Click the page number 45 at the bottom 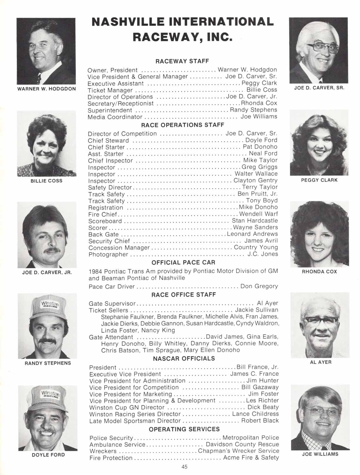click(184, 466)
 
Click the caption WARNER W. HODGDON click(47, 89)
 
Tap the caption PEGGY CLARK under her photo click(319, 180)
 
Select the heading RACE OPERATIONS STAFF click(183, 125)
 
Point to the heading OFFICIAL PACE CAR click(183, 262)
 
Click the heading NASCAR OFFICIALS click(184, 359)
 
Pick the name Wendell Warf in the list click(259, 214)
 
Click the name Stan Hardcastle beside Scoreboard click(255, 221)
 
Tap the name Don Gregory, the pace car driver click(259, 286)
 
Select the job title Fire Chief click(103, 214)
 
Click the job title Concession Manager click(119, 248)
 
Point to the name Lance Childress click(255, 414)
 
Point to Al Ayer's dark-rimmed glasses click(320, 320)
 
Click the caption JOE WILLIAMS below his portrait click(320, 454)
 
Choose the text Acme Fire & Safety click(251, 458)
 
